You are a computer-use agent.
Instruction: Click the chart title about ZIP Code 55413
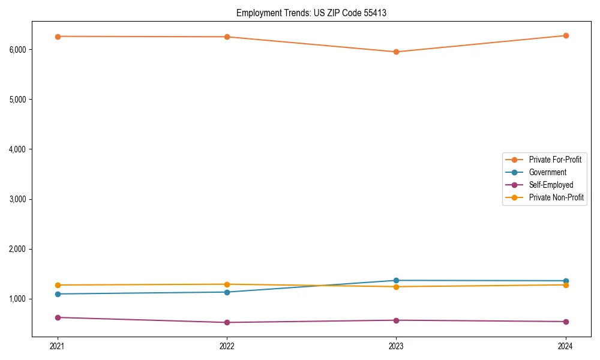click(x=311, y=13)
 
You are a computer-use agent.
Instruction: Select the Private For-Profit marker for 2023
click(x=396, y=52)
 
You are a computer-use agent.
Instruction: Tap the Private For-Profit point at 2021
click(x=58, y=37)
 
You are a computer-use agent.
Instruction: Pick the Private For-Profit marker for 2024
click(x=566, y=35)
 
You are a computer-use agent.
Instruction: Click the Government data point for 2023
click(x=396, y=280)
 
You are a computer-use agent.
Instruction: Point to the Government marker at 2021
click(x=58, y=294)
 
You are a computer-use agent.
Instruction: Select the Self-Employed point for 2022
click(x=227, y=322)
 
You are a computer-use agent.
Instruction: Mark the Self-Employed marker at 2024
click(x=566, y=322)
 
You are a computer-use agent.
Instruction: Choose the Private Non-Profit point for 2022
click(x=227, y=284)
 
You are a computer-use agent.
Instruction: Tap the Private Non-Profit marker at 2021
click(x=58, y=285)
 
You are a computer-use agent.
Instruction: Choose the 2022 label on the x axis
click(x=227, y=346)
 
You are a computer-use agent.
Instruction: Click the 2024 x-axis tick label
click(x=566, y=346)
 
